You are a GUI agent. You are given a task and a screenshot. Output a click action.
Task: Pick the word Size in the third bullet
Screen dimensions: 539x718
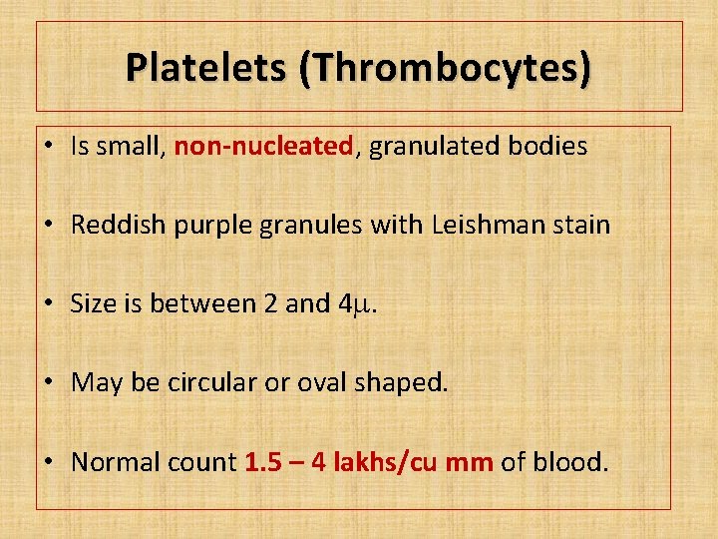(x=91, y=303)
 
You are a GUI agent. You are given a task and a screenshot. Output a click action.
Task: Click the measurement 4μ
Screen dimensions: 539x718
(x=356, y=303)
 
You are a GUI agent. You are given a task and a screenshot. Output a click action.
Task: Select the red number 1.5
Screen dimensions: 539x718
(x=262, y=462)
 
